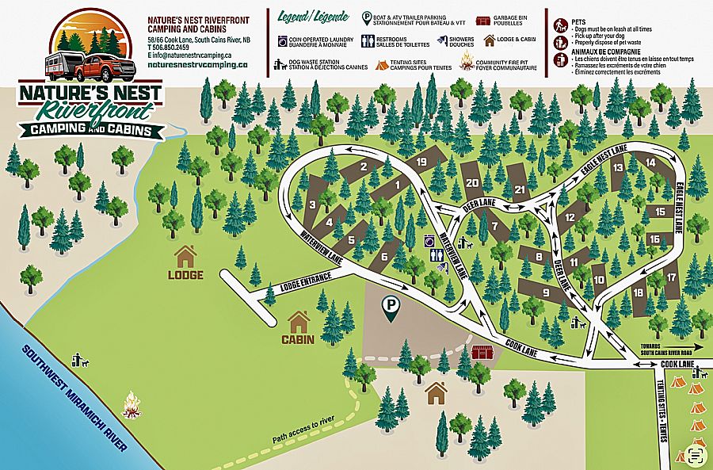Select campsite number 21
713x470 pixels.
[520, 189]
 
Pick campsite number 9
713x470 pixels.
[546, 292]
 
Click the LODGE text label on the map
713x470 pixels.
[185, 275]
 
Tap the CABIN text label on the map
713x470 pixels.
[298, 340]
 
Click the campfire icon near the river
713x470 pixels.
[132, 406]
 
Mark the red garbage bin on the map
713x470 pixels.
[481, 352]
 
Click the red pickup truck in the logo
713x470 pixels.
[101, 67]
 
